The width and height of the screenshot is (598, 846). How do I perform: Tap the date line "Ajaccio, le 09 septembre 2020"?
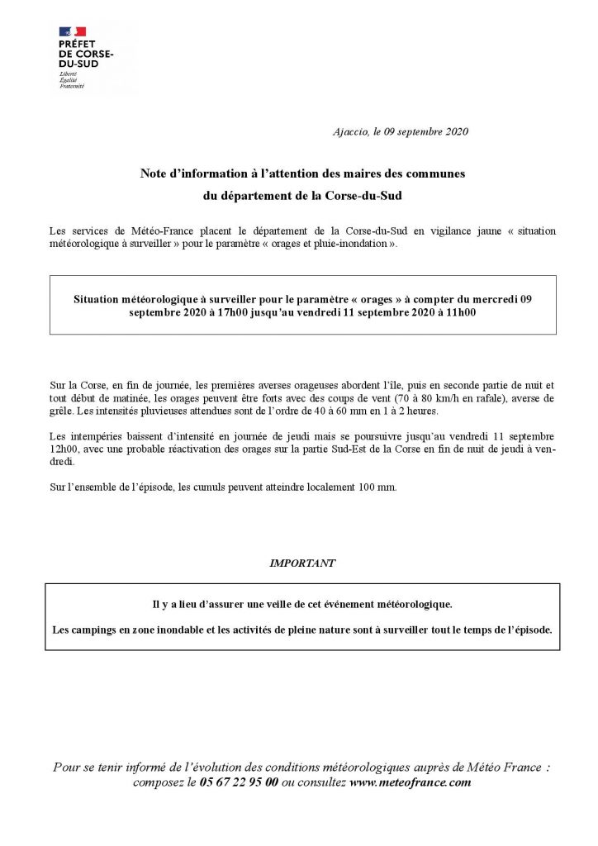click(x=400, y=131)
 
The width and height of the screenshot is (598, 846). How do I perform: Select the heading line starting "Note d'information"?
click(x=302, y=173)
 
